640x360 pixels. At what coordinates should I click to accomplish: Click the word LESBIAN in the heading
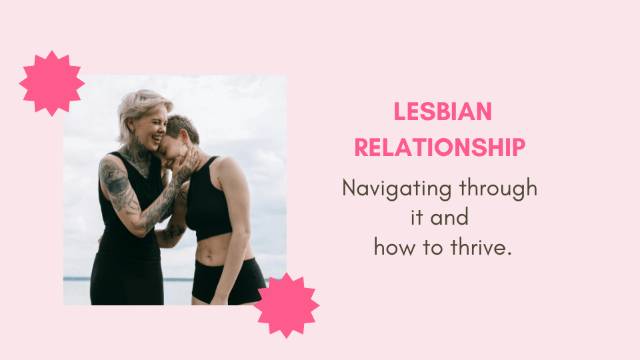[442, 112]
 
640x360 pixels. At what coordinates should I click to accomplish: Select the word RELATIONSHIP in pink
[439, 147]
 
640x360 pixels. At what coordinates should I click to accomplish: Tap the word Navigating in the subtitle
[396, 188]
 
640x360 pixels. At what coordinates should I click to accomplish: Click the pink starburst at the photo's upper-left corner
[51, 83]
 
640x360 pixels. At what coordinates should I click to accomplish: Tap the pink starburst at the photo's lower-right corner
[286, 305]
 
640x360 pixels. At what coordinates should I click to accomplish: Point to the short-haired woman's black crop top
[212, 200]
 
